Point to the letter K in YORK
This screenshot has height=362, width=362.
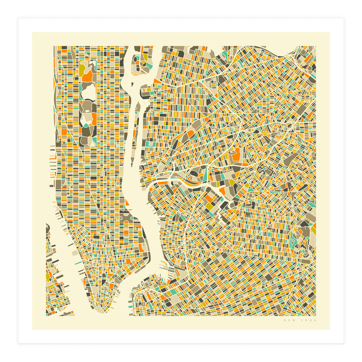pos(316,320)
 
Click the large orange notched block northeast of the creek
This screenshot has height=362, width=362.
pos(236,154)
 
